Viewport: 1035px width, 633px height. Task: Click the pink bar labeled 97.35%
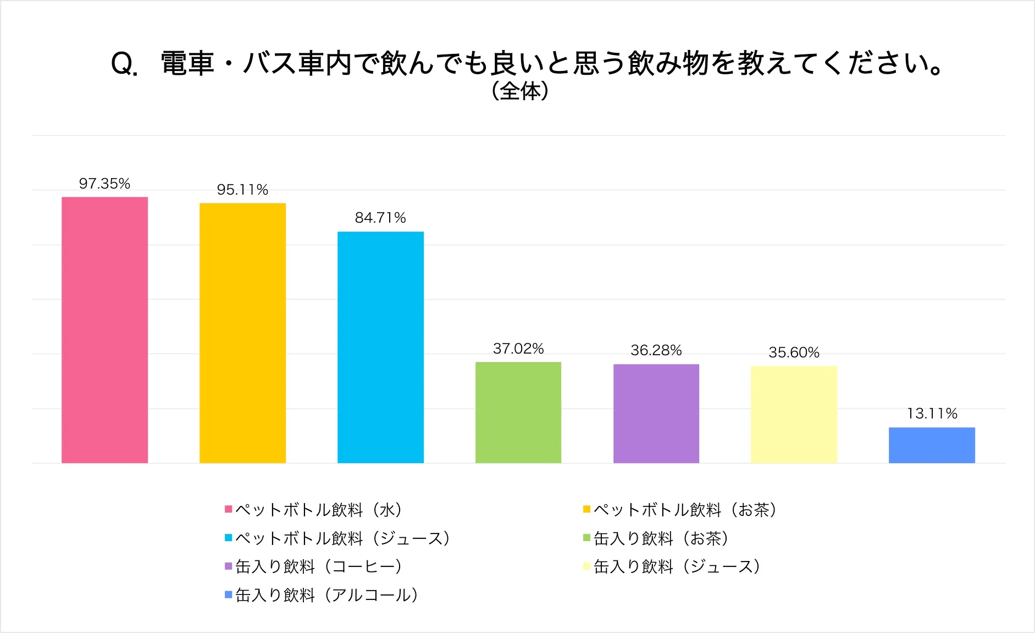coord(104,330)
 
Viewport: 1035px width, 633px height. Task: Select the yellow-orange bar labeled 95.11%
coord(242,333)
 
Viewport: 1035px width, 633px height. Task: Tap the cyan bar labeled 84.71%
coord(380,347)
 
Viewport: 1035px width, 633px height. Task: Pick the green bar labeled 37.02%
coord(518,412)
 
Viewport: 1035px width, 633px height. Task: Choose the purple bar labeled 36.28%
coord(656,414)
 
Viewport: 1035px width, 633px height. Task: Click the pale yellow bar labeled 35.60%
coord(794,415)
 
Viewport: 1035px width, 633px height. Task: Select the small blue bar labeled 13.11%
coord(932,445)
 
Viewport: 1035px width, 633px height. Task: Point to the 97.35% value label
coord(104,184)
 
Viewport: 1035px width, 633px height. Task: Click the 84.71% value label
coord(380,218)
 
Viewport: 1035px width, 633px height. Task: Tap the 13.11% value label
coord(932,414)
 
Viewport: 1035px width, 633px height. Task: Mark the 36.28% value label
coord(656,350)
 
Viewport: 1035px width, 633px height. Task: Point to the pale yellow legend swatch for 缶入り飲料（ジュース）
coord(586,566)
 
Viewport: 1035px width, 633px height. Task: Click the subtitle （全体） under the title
coord(519,91)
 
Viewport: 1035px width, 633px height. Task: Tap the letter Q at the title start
coord(123,64)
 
